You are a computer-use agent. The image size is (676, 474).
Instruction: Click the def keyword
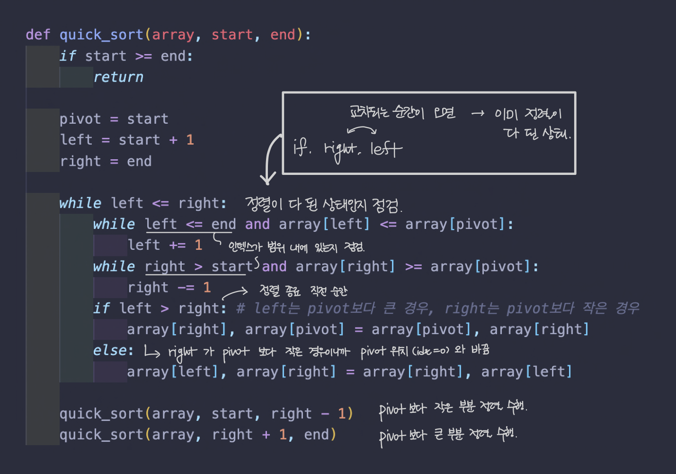[x=37, y=35]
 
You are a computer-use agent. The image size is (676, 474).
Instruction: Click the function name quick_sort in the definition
[x=101, y=35]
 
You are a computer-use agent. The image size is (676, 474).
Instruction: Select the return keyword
[x=118, y=77]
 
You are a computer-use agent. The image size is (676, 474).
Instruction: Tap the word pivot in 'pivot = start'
[x=80, y=118]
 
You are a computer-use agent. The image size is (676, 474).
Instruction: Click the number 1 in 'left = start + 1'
[x=190, y=140]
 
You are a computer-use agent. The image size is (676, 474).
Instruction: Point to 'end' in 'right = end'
[x=139, y=161]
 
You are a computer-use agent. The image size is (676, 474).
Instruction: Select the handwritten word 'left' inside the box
[x=386, y=149]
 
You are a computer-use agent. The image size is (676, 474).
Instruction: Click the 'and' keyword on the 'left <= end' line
[x=257, y=224]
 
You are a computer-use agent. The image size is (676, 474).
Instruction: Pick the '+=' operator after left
[x=178, y=245]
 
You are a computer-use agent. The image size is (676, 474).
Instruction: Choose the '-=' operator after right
[x=186, y=287]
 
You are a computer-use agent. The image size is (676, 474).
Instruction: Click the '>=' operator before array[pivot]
[x=413, y=266]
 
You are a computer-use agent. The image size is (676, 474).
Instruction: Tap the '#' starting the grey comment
[x=240, y=309]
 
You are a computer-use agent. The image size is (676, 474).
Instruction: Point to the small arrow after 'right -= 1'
[x=235, y=292]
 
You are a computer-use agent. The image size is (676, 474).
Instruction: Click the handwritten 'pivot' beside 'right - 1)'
[x=392, y=410]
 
